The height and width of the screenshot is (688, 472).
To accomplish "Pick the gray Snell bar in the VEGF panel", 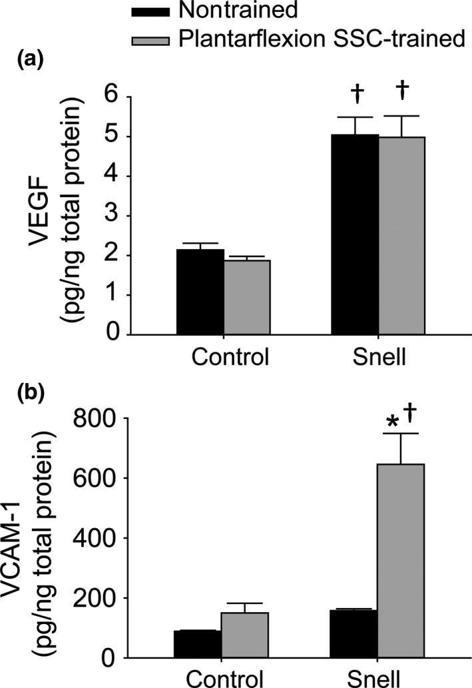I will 401,236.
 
